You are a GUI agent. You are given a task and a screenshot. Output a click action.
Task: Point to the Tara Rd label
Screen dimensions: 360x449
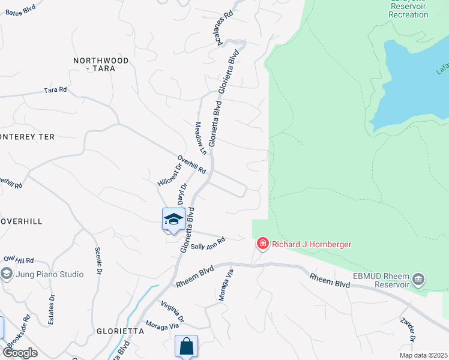(55, 90)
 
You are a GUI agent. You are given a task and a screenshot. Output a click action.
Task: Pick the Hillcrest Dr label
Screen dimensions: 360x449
(169, 174)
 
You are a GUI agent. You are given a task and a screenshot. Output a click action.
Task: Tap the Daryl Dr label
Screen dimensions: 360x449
(182, 194)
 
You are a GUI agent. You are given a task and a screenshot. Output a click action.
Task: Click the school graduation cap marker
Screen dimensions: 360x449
(173, 220)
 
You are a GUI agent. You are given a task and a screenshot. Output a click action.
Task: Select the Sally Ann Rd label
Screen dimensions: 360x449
(208, 244)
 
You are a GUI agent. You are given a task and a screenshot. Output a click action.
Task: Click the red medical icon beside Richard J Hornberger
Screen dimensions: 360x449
(262, 244)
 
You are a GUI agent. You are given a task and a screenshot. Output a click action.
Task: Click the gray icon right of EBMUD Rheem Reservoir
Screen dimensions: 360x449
(419, 280)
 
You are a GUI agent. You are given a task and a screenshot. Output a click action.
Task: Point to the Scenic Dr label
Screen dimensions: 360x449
(97, 262)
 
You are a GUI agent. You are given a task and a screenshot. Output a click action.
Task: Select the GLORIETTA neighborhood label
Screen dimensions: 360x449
(120, 331)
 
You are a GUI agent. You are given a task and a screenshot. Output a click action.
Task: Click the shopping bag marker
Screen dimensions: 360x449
(186, 346)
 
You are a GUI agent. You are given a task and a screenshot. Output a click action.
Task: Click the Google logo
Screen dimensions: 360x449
(20, 353)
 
